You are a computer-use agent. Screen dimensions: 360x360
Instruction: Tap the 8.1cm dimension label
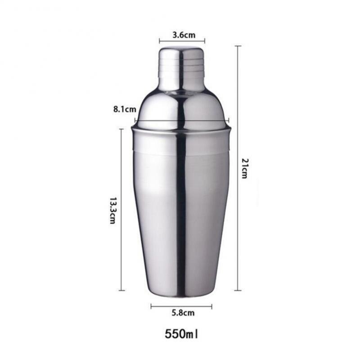125,109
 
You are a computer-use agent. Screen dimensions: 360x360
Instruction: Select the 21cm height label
244,168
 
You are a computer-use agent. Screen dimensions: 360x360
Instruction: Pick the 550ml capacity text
181,334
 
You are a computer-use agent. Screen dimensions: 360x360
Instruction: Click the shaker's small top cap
181,67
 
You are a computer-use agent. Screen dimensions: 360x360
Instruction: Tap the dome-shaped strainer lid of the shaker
181,108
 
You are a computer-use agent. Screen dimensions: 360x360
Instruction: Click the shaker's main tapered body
181,211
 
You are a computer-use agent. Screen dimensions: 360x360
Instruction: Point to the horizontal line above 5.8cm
181,306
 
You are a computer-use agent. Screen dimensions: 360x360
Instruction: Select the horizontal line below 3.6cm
181,41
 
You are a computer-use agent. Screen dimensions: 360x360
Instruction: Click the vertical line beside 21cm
238,168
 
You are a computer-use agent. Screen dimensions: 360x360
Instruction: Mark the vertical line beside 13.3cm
121,210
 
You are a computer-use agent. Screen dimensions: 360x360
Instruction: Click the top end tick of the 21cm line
238,46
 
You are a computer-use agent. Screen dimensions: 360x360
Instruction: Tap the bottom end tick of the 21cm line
238,290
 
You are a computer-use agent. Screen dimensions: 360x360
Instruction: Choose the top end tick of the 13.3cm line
121,129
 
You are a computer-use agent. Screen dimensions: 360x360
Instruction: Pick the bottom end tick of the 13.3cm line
121,290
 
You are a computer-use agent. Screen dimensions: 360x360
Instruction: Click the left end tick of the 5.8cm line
151,306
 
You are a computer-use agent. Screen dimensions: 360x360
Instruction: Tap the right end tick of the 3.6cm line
205,41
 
